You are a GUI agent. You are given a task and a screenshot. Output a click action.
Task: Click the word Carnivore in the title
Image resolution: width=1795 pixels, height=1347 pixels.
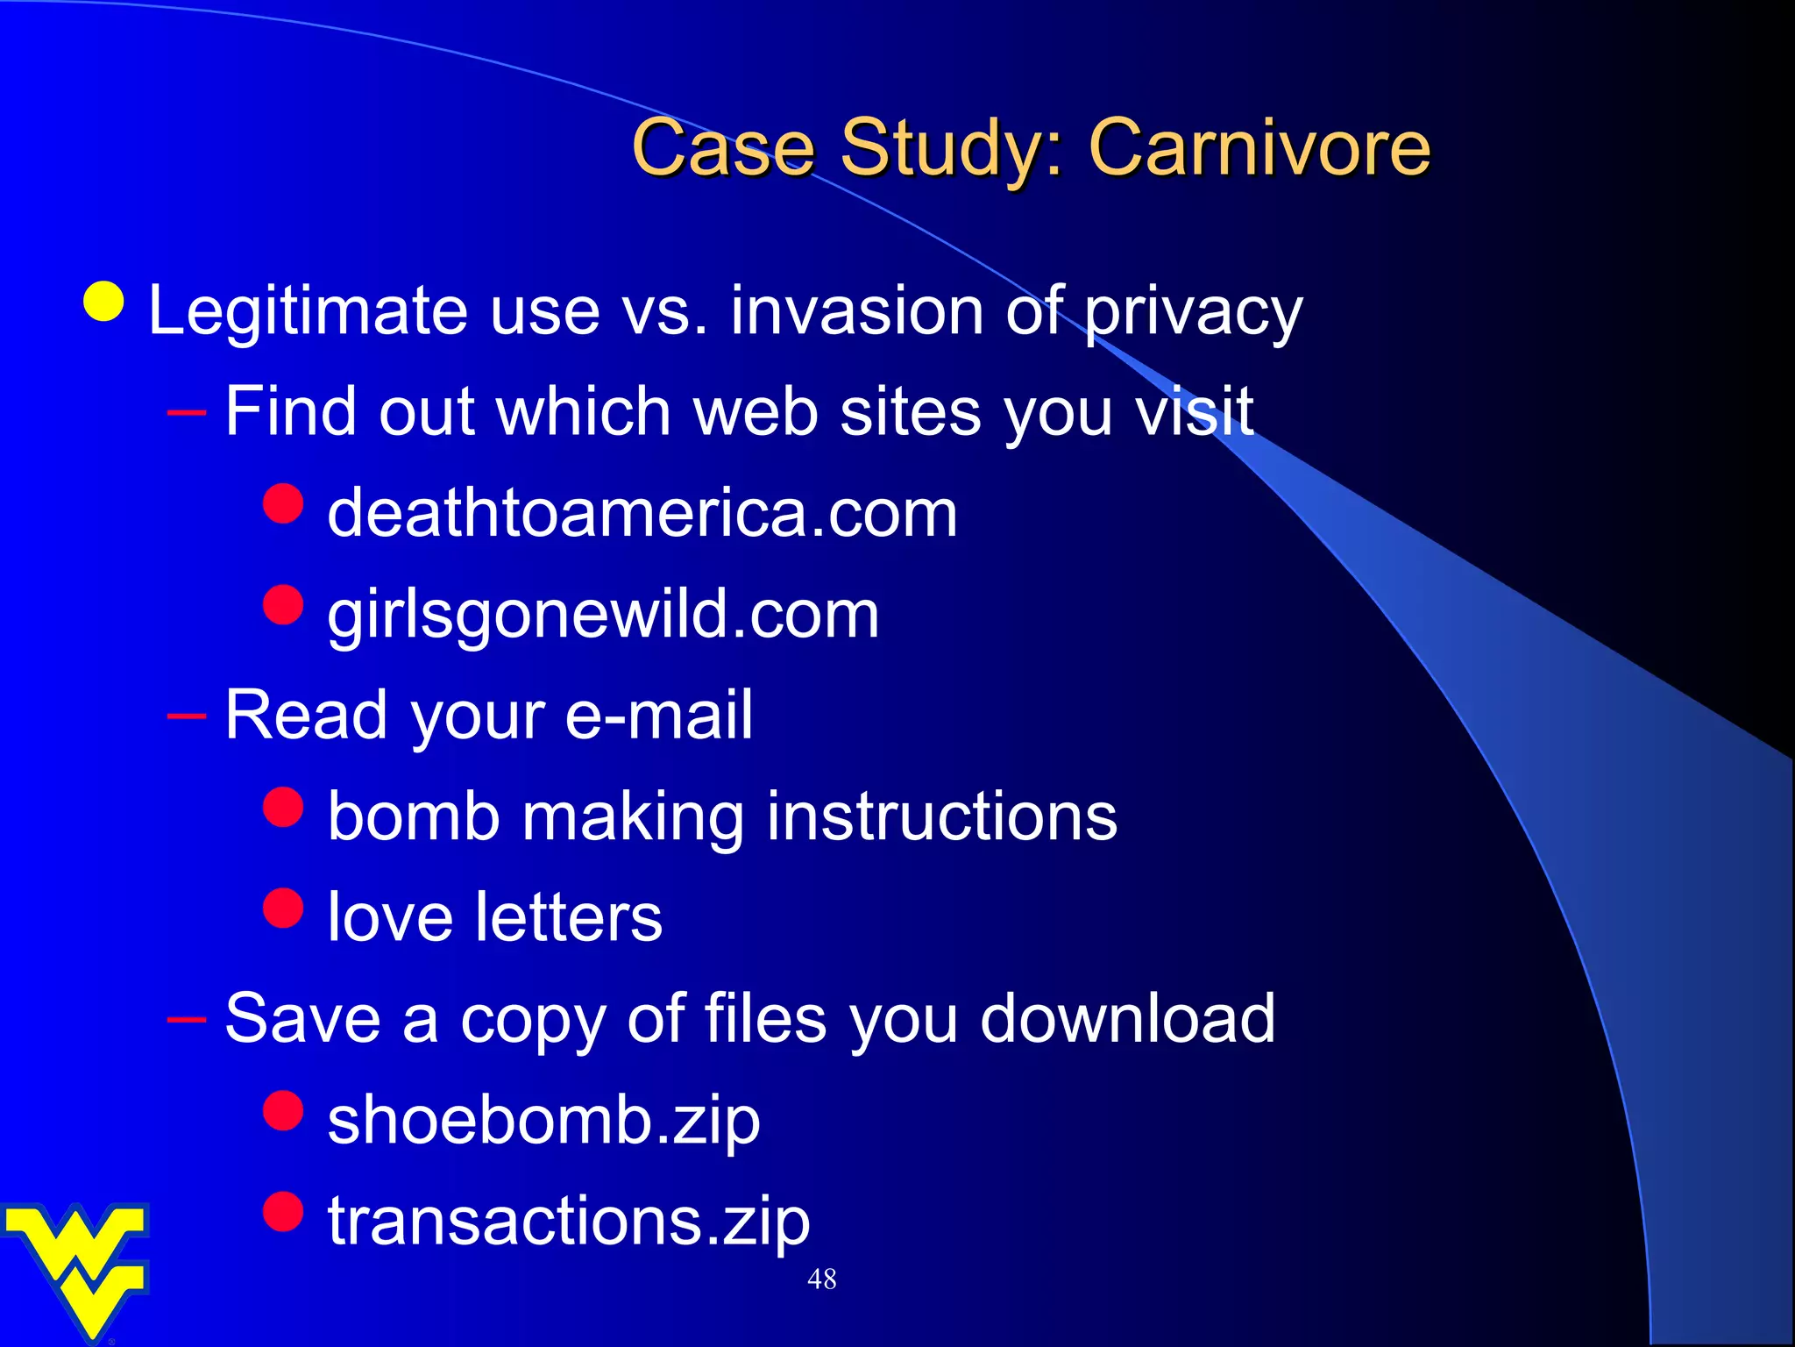point(1259,147)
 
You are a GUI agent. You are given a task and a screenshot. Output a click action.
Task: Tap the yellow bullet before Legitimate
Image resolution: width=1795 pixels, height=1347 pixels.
point(104,302)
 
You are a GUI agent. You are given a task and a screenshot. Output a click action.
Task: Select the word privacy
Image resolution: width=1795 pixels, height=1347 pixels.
point(1193,312)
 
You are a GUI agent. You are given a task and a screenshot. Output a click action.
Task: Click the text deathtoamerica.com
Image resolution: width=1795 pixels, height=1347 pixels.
point(642,512)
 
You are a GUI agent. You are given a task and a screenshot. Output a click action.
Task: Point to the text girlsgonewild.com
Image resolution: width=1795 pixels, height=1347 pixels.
point(603,614)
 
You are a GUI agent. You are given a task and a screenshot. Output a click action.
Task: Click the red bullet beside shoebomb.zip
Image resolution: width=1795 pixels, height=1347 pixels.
point(283,1110)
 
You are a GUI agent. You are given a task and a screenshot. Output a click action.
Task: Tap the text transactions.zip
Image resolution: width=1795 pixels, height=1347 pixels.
point(569,1221)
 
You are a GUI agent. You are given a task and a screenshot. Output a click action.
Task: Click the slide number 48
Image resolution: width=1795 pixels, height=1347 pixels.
point(821,1279)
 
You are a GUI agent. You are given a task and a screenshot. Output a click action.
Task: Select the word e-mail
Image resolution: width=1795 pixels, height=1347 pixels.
point(658,715)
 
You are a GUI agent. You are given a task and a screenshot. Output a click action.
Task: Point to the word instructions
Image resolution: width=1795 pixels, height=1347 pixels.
point(942,816)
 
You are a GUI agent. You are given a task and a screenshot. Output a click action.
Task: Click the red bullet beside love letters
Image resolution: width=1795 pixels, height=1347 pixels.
point(283,908)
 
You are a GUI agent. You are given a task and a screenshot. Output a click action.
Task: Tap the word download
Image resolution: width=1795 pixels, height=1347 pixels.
point(1127,1019)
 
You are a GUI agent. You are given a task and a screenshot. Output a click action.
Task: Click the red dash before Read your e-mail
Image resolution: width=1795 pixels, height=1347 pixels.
point(186,716)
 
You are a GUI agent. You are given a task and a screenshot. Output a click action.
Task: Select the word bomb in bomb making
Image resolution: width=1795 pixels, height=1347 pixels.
point(414,816)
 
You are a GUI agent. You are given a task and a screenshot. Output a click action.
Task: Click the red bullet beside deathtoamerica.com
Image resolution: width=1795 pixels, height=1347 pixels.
point(283,503)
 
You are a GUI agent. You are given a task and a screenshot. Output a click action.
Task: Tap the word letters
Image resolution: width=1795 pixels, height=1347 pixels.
point(569,918)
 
